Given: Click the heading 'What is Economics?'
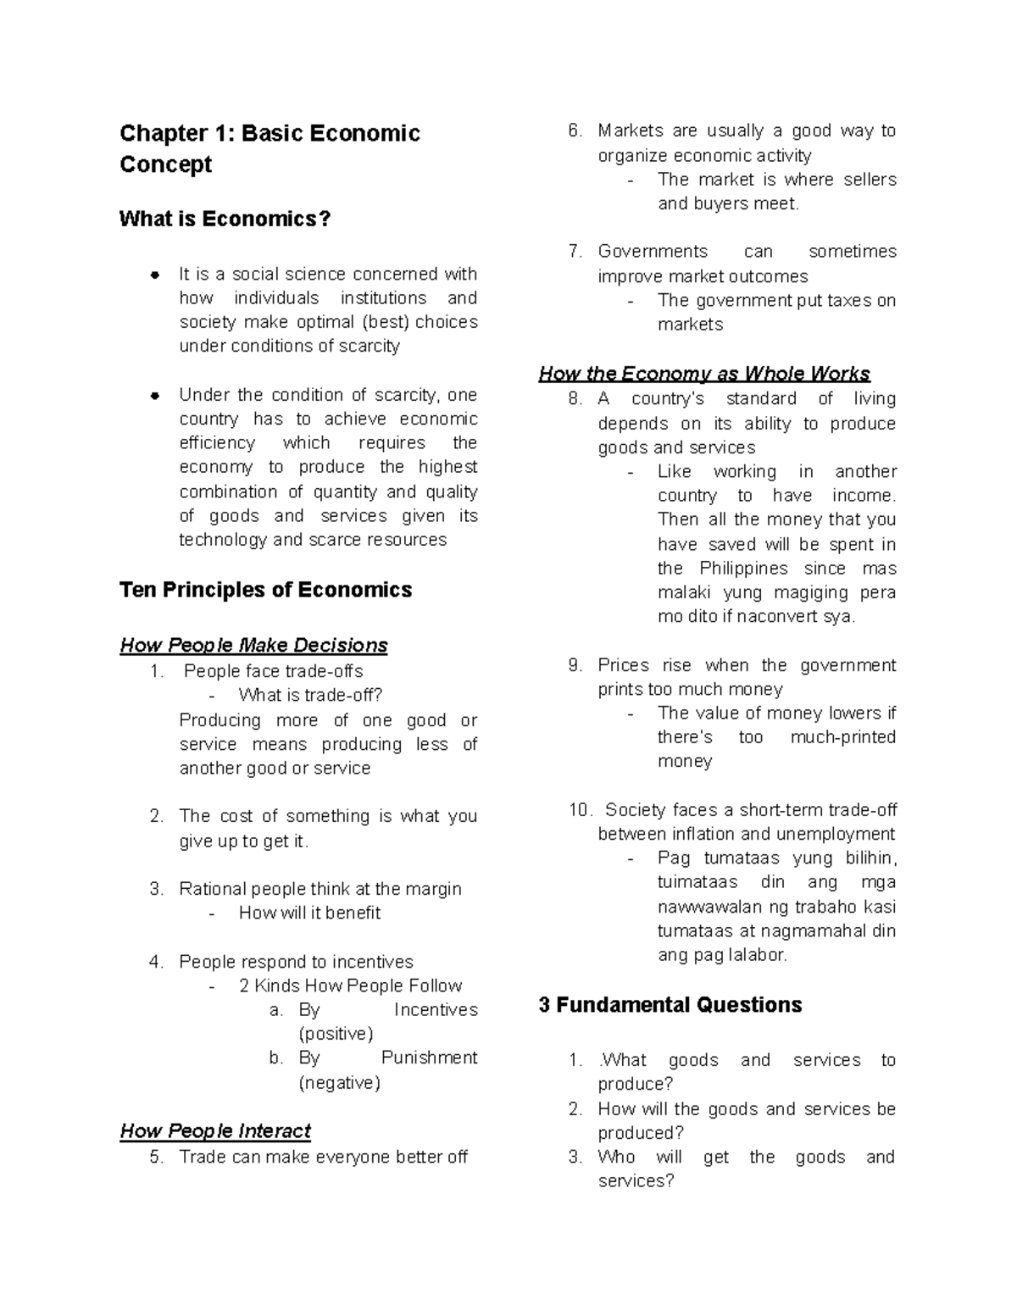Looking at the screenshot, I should [225, 219].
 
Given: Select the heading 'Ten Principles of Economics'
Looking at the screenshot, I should [265, 590].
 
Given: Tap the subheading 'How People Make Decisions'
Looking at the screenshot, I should [253, 646].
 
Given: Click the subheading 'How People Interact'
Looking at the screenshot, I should [215, 1131].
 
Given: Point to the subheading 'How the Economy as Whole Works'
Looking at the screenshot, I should [704, 374].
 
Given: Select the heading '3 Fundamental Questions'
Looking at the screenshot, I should [670, 1005].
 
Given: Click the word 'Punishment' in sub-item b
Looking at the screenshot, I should [429, 1058].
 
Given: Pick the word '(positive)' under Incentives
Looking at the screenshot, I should [336, 1034].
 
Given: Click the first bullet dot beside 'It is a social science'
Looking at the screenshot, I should [155, 275].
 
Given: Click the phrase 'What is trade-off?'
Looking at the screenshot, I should [310, 696].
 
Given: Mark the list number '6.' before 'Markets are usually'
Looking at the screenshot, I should [575, 130].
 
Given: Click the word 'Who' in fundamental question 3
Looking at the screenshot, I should [615, 1158].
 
